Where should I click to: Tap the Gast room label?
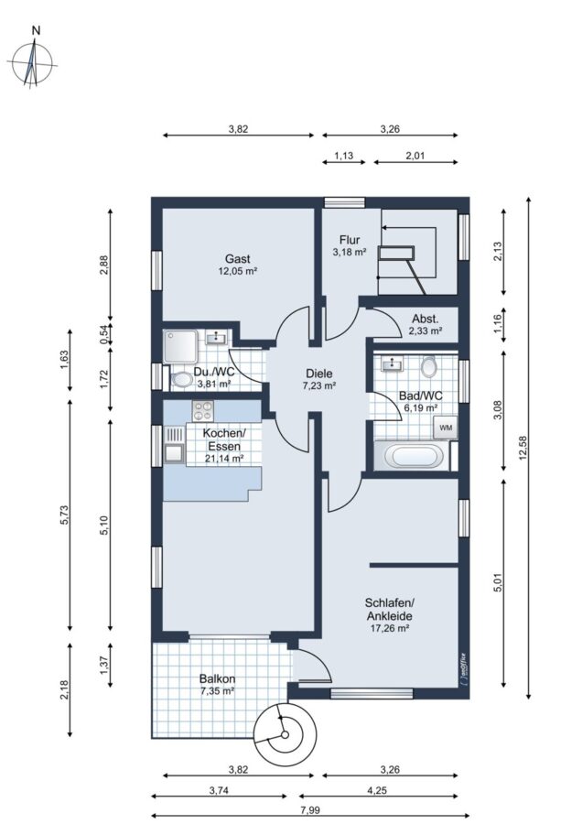click(237, 258)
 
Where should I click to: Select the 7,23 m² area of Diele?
click(319, 385)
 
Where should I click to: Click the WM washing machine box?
click(446, 428)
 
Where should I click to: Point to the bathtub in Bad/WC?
click(413, 456)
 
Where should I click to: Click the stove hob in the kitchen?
click(203, 410)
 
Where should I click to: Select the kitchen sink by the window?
click(174, 444)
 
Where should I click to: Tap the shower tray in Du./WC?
click(180, 346)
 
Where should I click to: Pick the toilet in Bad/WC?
click(429, 366)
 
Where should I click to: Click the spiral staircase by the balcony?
click(286, 734)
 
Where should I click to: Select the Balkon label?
click(218, 678)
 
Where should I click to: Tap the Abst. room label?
click(425, 319)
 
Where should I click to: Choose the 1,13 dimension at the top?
click(343, 156)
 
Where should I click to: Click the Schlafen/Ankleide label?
click(390, 609)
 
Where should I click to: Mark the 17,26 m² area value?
click(389, 627)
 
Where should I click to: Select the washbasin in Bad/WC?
click(391, 363)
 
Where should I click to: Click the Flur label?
click(350, 240)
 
